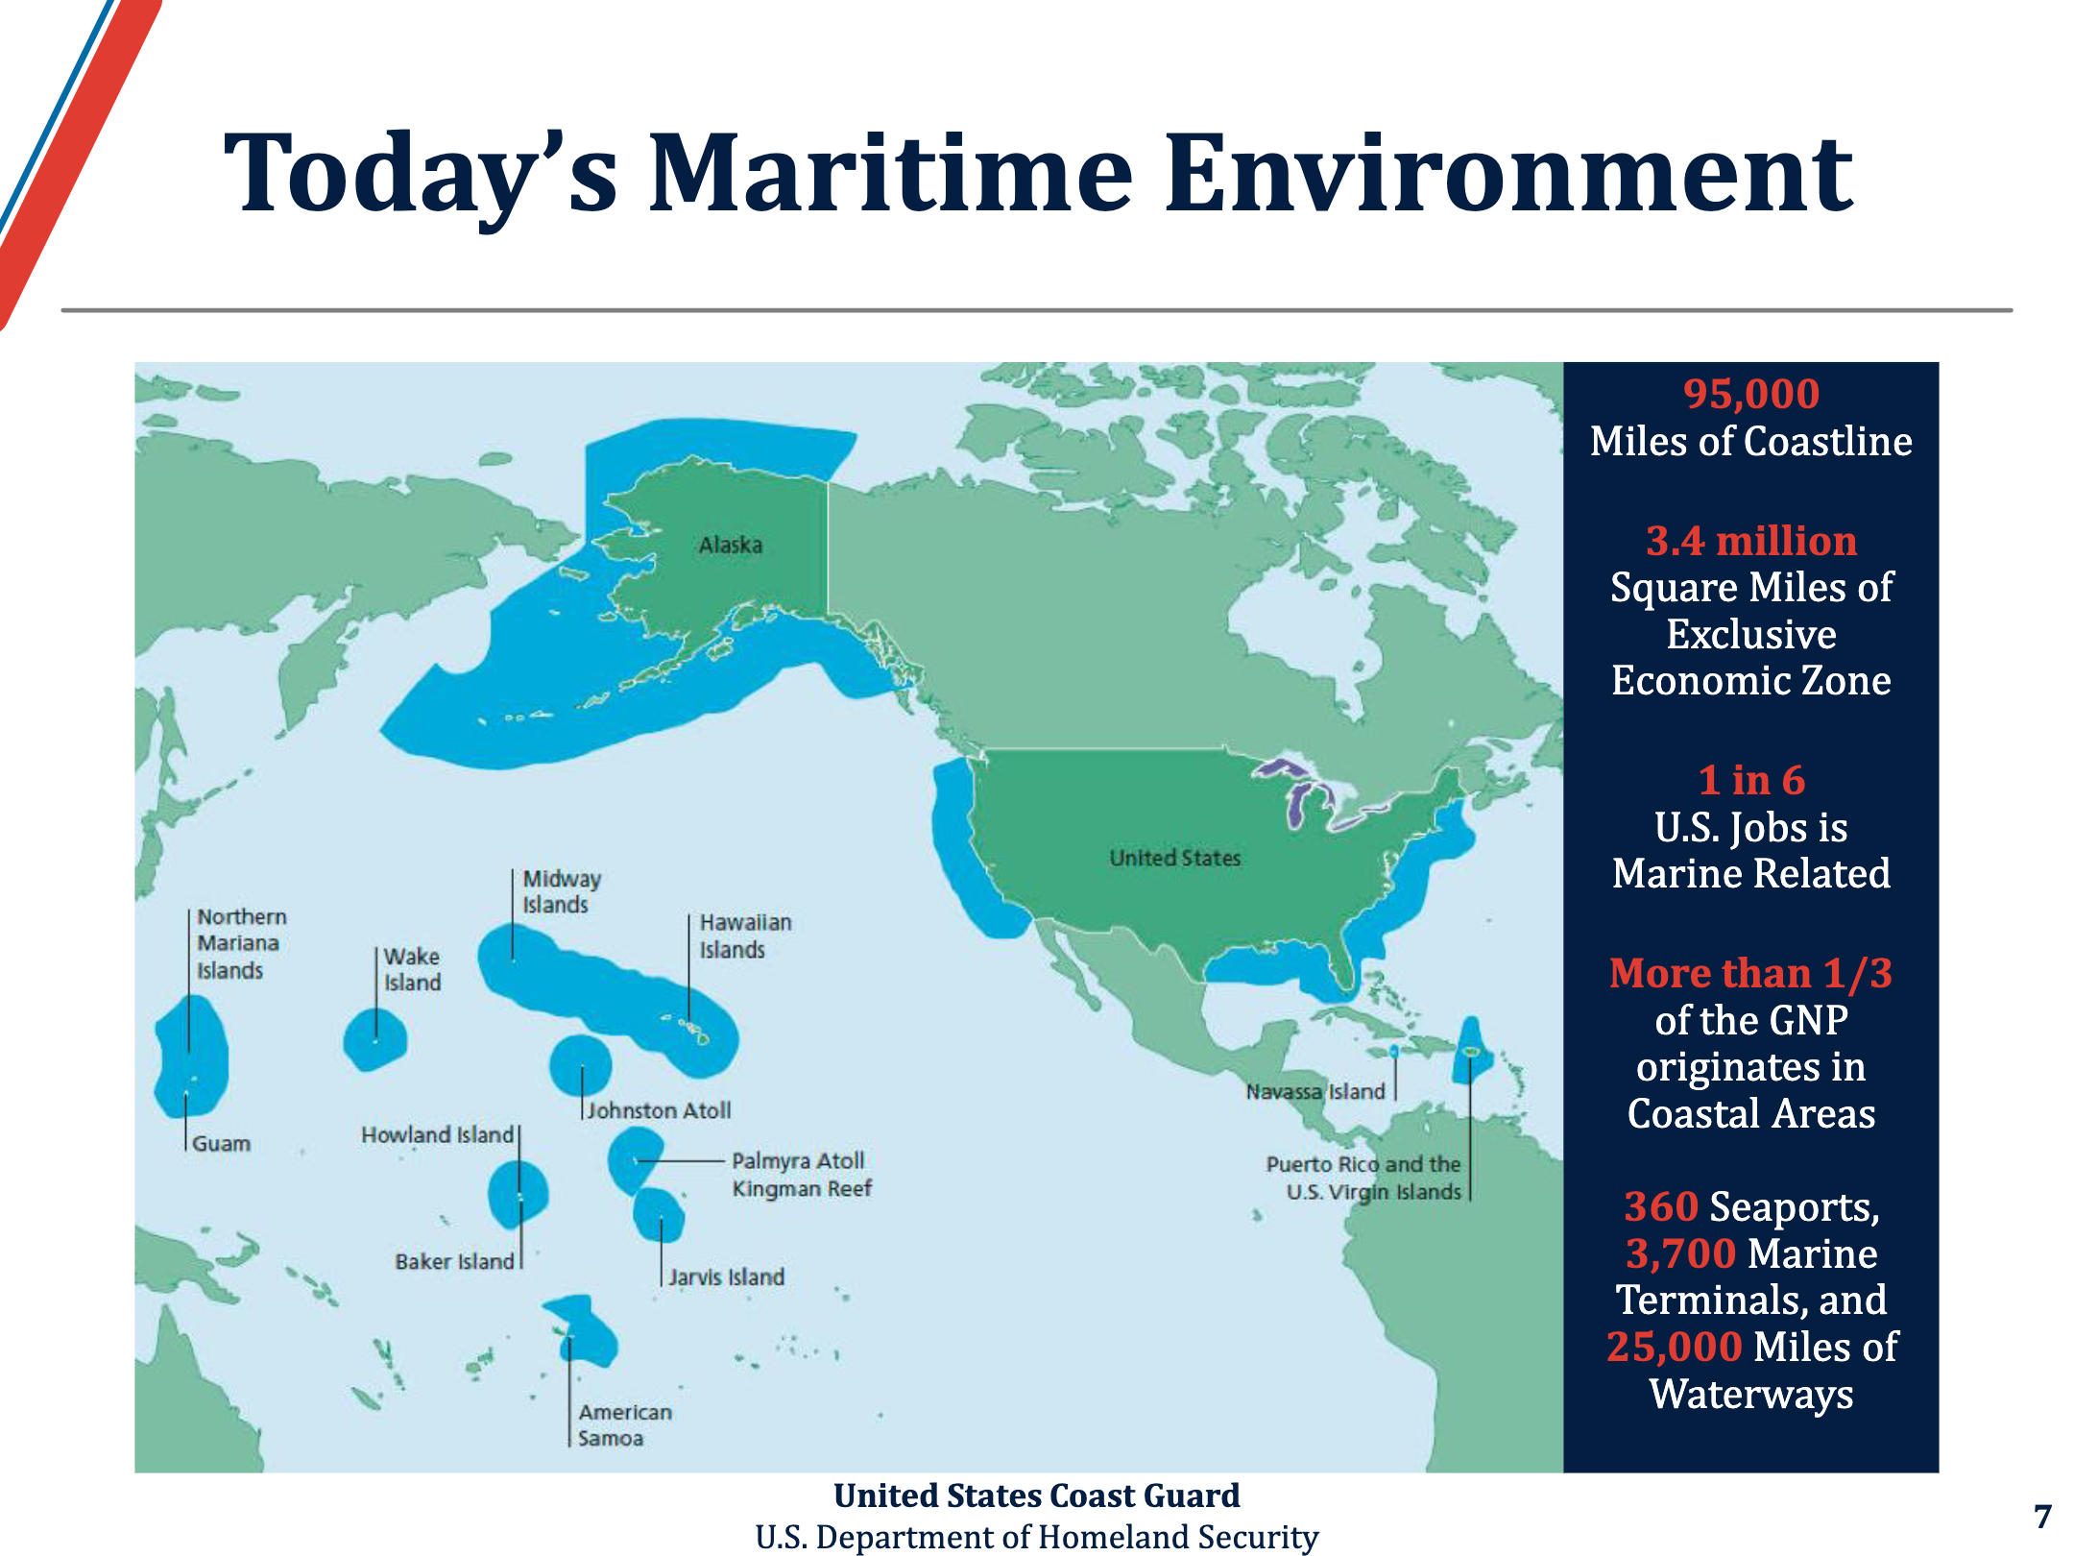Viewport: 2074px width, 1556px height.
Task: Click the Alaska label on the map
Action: pos(731,545)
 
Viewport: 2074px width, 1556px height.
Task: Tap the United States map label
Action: pos(1175,858)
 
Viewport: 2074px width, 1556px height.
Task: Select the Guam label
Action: pos(221,1143)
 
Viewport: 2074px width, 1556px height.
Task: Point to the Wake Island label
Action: pos(412,969)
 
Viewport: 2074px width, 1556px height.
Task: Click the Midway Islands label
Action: pos(562,891)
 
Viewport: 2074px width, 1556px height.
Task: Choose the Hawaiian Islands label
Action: pos(745,936)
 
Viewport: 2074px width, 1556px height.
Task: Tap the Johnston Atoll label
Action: pos(659,1110)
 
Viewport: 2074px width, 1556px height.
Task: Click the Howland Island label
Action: pos(438,1134)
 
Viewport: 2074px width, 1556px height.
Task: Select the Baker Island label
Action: pos(455,1261)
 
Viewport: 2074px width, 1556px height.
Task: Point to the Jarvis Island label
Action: pos(727,1276)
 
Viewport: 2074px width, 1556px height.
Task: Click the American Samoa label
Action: pos(625,1424)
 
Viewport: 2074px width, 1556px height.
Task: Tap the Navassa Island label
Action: pos(1315,1091)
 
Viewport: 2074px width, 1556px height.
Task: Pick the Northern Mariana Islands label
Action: pos(242,943)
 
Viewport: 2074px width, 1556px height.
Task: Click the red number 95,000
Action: pos(1751,394)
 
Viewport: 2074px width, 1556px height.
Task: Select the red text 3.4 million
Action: pos(1751,541)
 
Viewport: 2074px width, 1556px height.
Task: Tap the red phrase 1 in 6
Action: pos(1751,780)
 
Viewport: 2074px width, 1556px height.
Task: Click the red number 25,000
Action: pos(1675,1347)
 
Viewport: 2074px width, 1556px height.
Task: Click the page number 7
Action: pos(2042,1516)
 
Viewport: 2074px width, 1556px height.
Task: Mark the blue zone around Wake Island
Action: pos(375,1040)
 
